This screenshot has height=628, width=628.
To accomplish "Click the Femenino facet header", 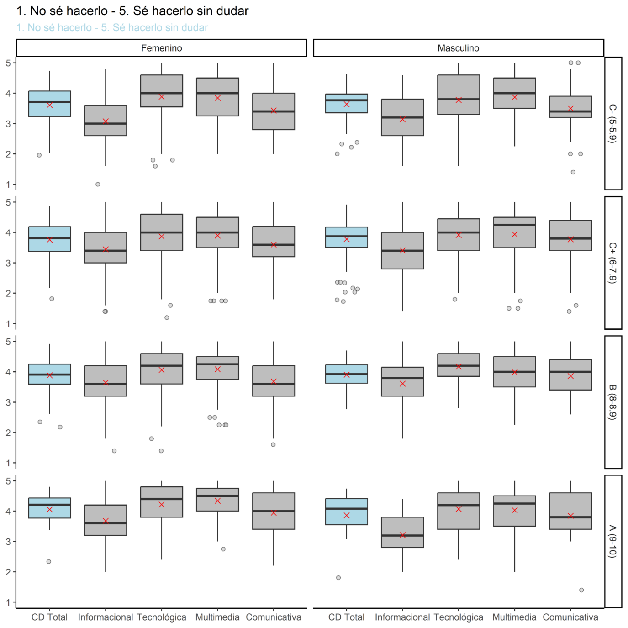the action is click(x=161, y=48).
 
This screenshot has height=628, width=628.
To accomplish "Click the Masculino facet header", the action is click(x=458, y=48).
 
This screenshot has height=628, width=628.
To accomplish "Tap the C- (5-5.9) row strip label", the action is click(x=613, y=123).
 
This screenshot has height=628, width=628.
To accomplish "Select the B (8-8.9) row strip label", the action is click(x=613, y=402).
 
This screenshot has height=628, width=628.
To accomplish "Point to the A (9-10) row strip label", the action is click(x=613, y=541).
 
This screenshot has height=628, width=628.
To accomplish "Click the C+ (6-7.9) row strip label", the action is click(x=613, y=263).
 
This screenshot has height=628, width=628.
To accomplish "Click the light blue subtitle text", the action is click(x=112, y=27).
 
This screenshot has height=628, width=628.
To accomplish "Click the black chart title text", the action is click(x=132, y=11).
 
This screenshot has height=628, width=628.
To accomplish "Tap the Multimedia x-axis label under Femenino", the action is click(x=217, y=617).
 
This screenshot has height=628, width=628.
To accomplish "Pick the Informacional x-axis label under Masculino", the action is click(x=402, y=617).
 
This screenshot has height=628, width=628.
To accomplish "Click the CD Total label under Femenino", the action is click(x=49, y=617).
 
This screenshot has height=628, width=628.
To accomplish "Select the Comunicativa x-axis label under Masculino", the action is click(x=570, y=617).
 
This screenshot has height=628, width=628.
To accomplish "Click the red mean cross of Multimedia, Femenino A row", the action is click(x=217, y=501).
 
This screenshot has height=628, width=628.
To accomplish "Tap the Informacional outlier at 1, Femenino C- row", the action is click(x=98, y=184).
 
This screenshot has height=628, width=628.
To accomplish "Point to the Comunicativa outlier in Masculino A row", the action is click(x=581, y=590).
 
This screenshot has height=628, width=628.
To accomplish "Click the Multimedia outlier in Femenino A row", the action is click(x=223, y=549).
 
